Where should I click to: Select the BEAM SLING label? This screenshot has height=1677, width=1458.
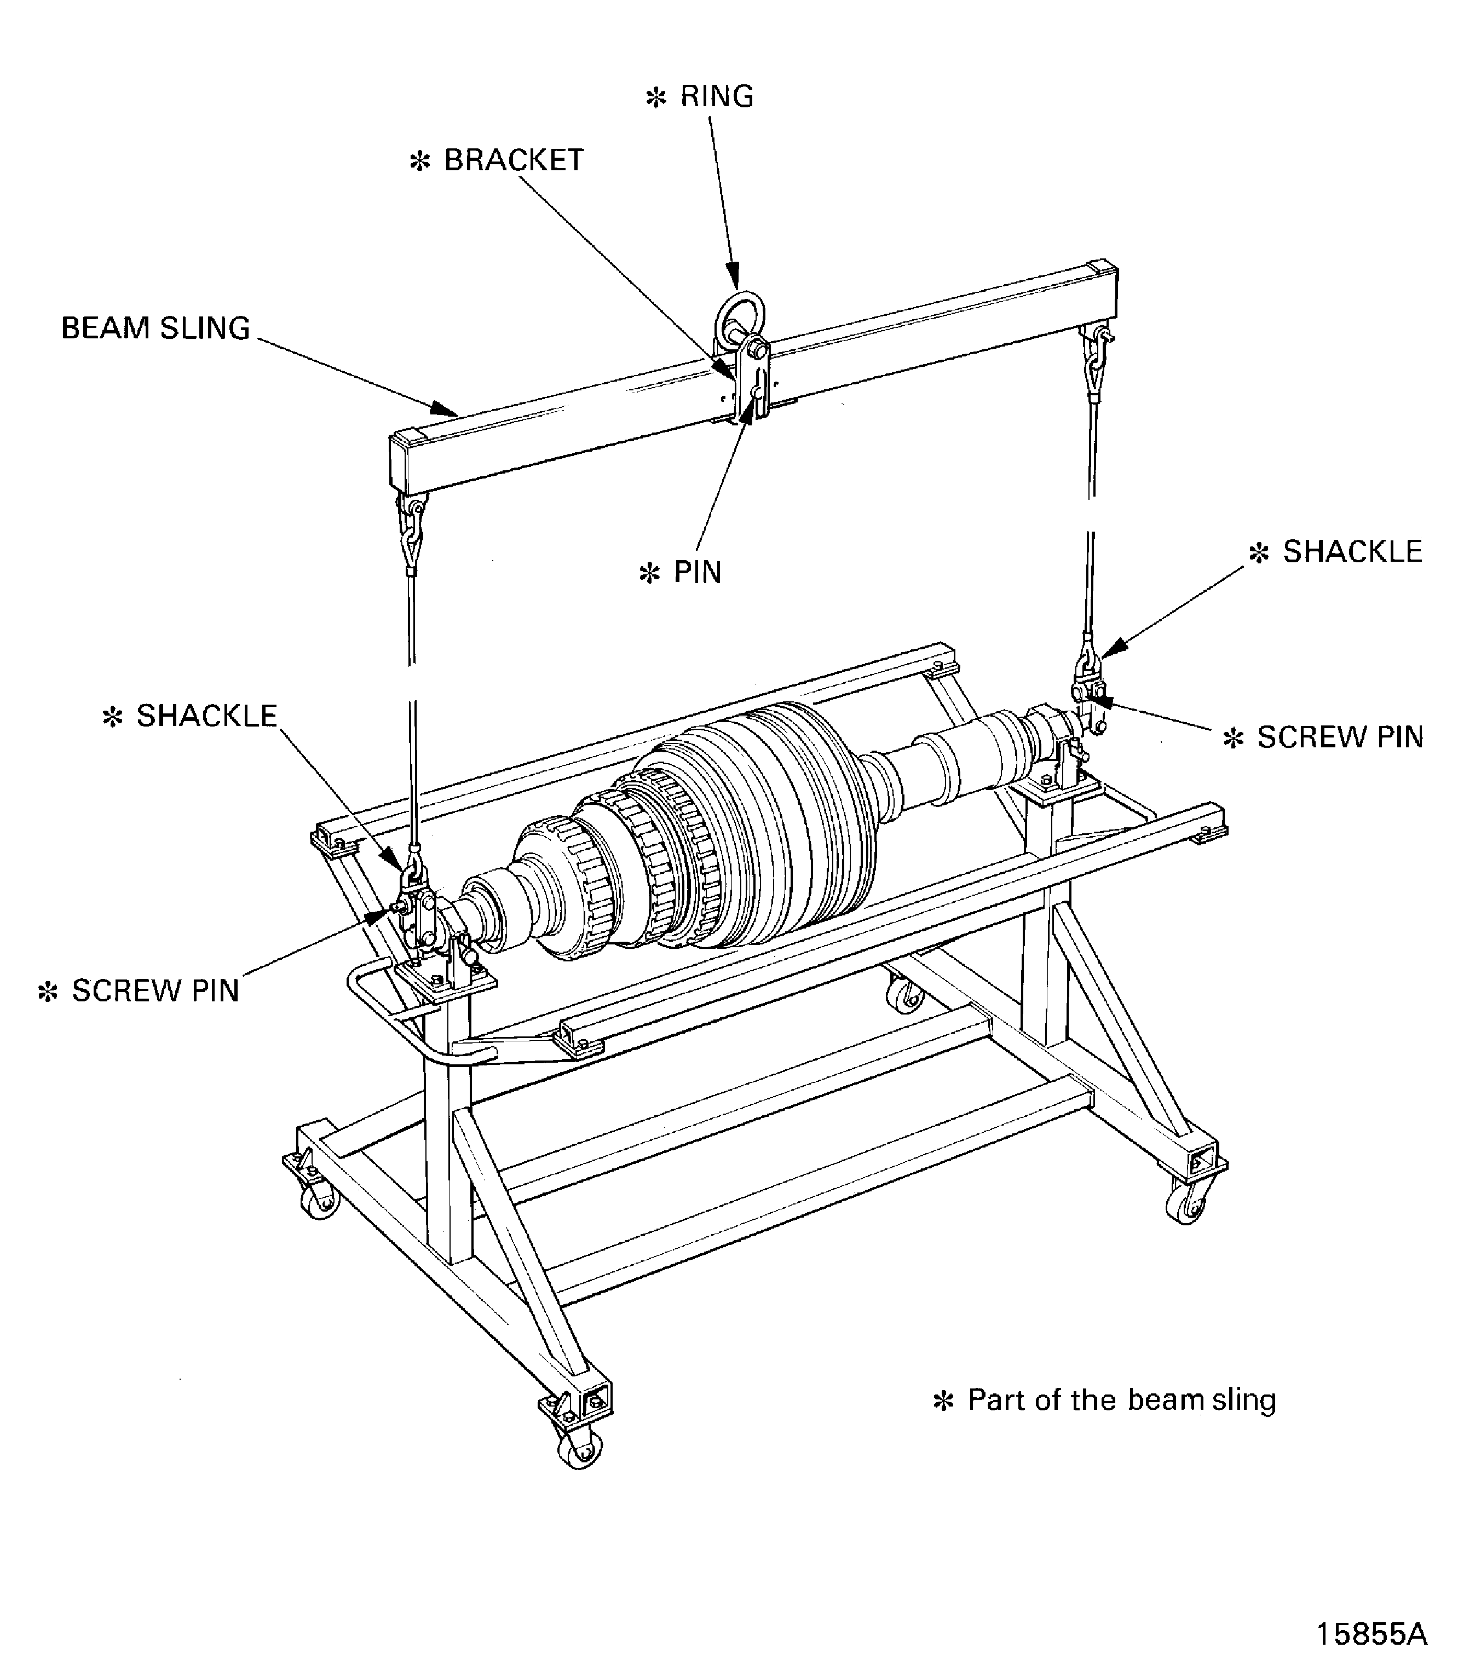pyautogui.click(x=155, y=329)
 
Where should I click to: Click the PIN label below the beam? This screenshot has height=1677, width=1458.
pyautogui.click(x=698, y=573)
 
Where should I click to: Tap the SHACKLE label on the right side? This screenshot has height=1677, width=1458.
pyautogui.click(x=1352, y=552)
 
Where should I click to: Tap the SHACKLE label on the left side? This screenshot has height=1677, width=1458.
pyautogui.click(x=206, y=716)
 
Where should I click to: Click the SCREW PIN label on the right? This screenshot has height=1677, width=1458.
pyautogui.click(x=1340, y=737)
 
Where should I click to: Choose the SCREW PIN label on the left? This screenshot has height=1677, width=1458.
pyautogui.click(x=155, y=991)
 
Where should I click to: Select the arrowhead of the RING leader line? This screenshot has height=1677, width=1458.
pyautogui.click(x=735, y=278)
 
